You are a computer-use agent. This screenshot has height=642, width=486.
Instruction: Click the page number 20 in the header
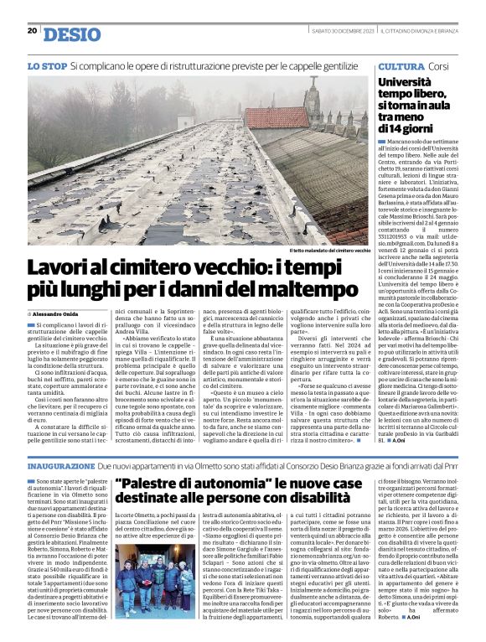click(x=32, y=30)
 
